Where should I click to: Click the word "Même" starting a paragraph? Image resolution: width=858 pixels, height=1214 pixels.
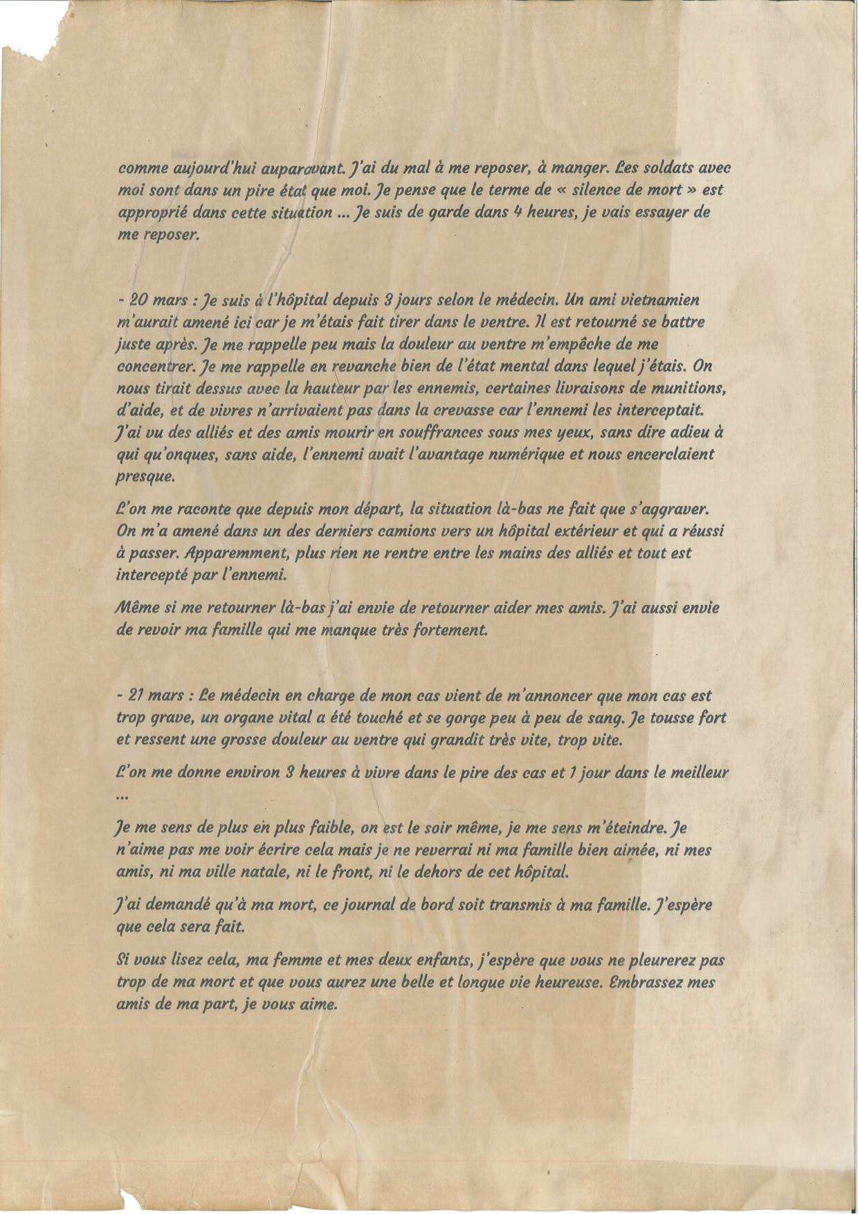pyautogui.click(x=136, y=608)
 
